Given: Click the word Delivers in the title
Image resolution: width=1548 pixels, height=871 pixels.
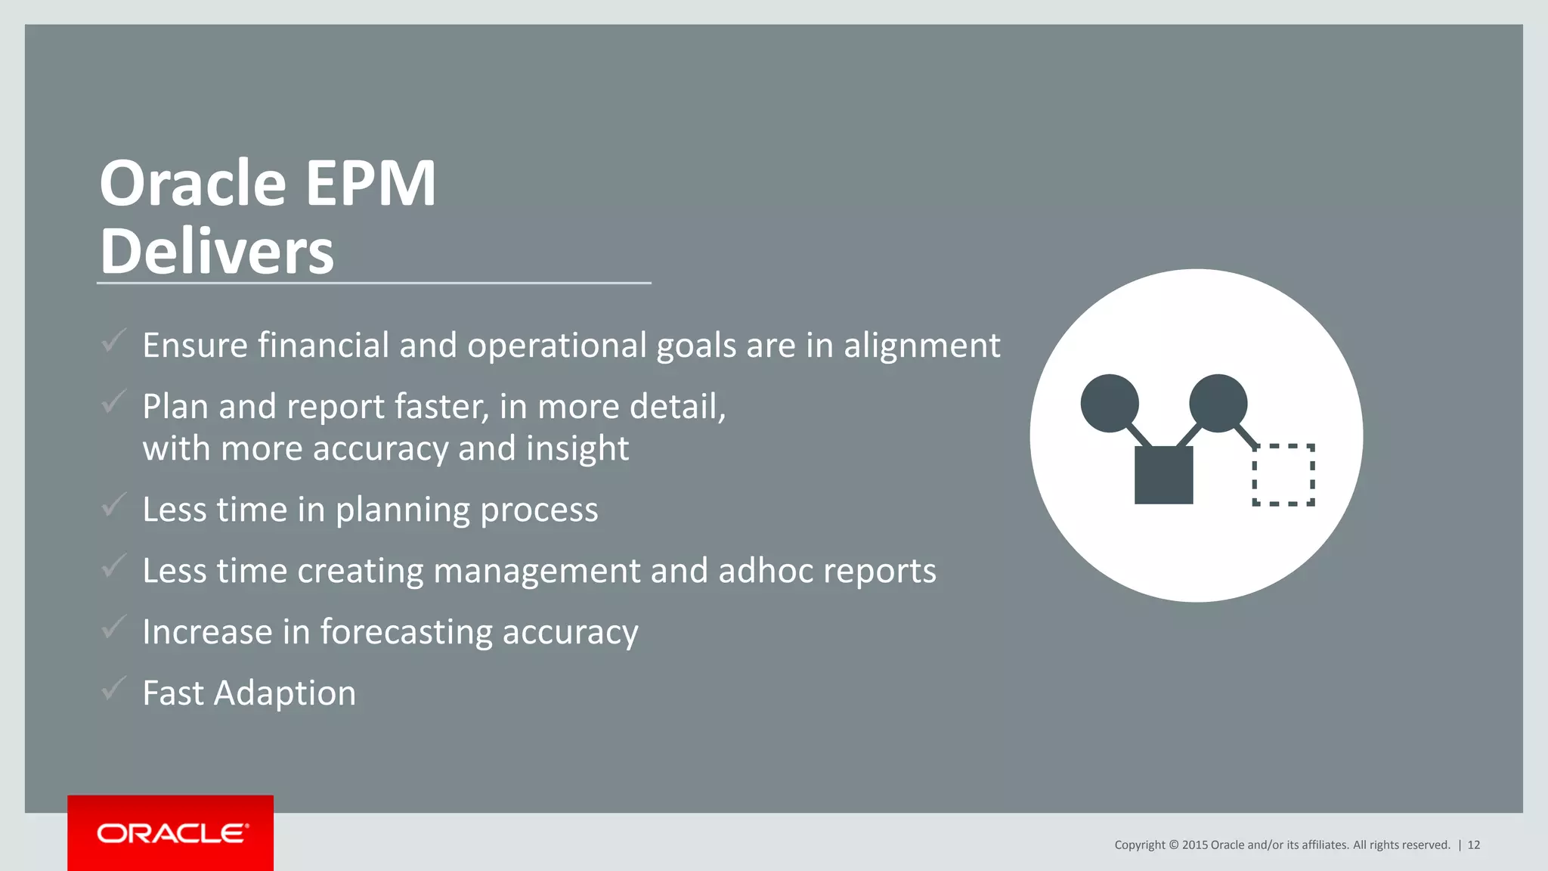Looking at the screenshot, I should [x=217, y=251].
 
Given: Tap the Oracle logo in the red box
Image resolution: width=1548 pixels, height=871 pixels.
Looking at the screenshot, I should [x=172, y=833].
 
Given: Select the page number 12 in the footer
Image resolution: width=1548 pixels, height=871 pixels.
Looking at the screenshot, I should [x=1473, y=845].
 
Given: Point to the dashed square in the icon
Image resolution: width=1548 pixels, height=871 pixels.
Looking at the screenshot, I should [x=1283, y=475].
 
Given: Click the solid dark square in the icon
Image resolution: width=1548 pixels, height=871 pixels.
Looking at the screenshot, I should [x=1163, y=475].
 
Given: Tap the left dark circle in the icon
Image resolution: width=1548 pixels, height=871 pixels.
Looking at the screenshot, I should [x=1110, y=403].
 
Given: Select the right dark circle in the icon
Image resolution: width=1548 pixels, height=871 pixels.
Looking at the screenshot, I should [x=1218, y=403].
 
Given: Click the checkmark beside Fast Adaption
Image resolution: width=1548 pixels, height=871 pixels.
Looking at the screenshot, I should [x=113, y=688].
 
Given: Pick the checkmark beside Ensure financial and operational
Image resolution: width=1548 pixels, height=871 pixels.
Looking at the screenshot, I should [x=113, y=341].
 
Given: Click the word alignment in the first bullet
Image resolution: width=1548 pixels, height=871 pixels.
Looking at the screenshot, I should [x=921, y=346].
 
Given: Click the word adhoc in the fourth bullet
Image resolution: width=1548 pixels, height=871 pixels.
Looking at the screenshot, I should [x=766, y=571].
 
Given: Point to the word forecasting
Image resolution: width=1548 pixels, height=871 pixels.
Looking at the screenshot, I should [x=406, y=633].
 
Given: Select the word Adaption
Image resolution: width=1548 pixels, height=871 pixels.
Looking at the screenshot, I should [x=285, y=693].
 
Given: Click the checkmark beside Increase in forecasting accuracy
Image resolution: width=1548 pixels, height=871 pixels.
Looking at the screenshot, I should [x=113, y=627].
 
